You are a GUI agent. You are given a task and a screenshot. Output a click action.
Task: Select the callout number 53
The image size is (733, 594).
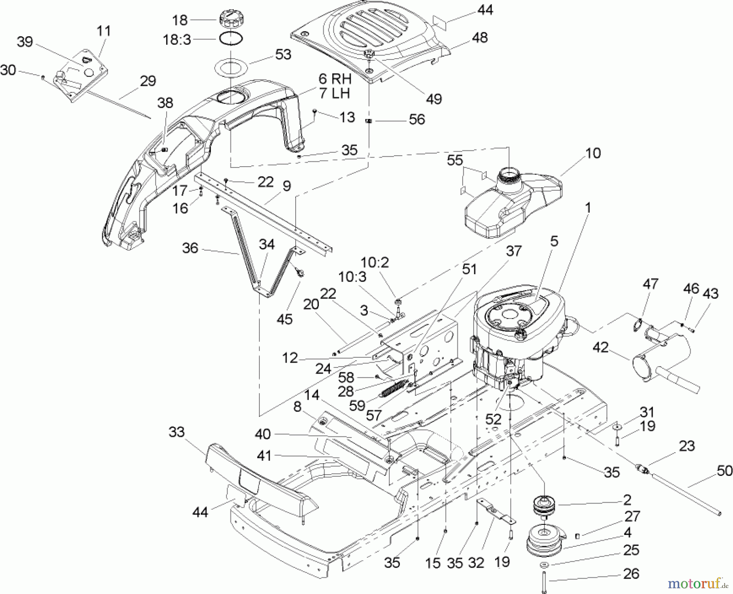(283, 55)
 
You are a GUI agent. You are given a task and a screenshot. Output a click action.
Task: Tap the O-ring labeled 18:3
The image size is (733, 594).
(232, 39)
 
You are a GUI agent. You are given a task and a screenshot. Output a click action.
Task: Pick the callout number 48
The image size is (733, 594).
(480, 37)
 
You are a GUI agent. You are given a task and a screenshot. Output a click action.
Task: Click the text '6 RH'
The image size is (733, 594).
(335, 78)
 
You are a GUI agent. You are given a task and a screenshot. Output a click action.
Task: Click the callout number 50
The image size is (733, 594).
(724, 471)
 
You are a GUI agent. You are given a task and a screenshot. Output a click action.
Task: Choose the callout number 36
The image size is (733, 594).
(190, 248)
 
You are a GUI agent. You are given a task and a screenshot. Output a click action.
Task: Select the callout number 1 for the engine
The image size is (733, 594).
(588, 208)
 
